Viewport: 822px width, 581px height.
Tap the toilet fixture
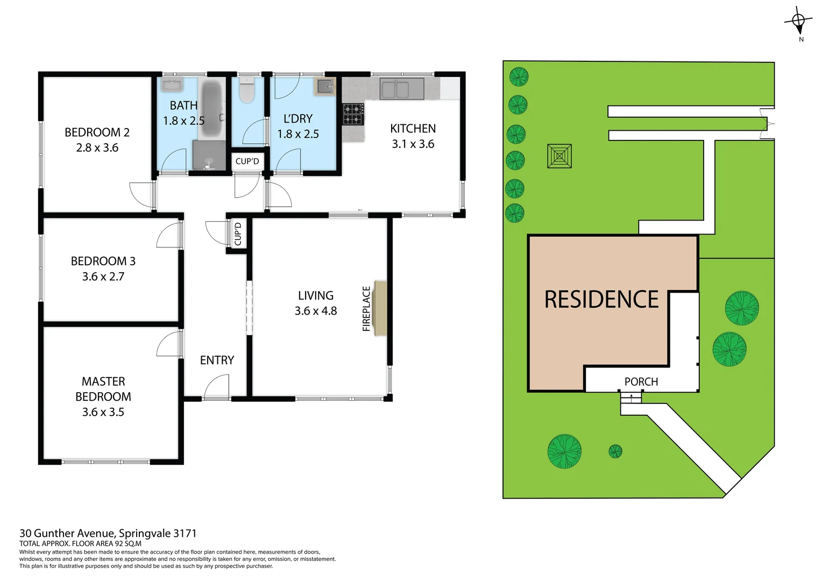point(247,90)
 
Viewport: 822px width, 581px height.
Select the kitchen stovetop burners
point(353,114)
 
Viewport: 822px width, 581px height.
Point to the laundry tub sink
point(325,86)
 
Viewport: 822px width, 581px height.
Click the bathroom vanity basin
point(172,84)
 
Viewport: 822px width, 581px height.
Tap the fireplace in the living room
point(380,308)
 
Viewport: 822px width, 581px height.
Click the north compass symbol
point(798,22)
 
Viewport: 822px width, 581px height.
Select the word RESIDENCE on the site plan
point(601,300)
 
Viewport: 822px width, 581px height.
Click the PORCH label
point(641,381)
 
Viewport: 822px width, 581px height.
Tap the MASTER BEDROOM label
point(103,389)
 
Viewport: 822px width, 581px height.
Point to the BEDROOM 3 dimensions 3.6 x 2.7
point(103,277)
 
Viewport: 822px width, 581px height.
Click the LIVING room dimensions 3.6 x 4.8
point(316,311)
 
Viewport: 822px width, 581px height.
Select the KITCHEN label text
point(413,129)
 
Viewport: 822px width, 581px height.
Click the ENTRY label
point(217,360)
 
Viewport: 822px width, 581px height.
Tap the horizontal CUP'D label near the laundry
point(247,161)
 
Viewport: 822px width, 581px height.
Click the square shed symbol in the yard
point(559,157)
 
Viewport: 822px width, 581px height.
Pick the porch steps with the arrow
point(631,398)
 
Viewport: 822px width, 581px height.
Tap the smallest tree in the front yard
point(615,451)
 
